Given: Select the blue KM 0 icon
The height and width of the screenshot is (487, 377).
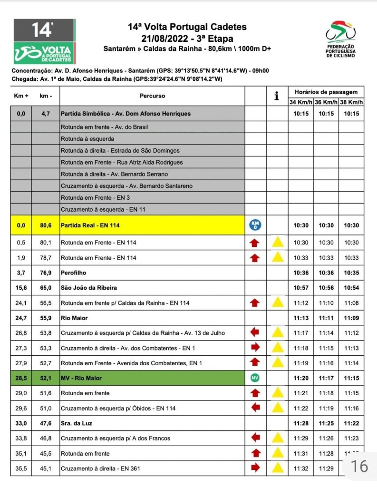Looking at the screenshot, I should click(255, 225).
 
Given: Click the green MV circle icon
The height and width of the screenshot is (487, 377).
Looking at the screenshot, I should click(255, 378).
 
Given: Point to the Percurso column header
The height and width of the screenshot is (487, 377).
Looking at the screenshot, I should click(152, 96).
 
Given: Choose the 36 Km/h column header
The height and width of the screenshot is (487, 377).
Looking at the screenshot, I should click(326, 102).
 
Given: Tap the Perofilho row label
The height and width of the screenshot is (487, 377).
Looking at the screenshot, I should click(73, 273).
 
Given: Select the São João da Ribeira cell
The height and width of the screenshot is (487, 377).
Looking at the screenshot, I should click(88, 288).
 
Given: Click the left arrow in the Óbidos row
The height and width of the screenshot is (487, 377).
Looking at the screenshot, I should click(255, 408).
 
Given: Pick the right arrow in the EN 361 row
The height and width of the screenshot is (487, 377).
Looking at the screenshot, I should click(255, 468).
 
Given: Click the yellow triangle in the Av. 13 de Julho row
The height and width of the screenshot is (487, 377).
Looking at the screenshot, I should click(277, 333).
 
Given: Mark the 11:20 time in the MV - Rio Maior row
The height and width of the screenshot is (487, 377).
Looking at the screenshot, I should click(301, 378).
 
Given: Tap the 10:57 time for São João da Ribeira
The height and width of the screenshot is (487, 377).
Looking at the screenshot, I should click(301, 288).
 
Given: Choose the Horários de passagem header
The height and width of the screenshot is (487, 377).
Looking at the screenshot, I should click(326, 92).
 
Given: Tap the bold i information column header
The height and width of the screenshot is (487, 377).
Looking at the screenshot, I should click(277, 96).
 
